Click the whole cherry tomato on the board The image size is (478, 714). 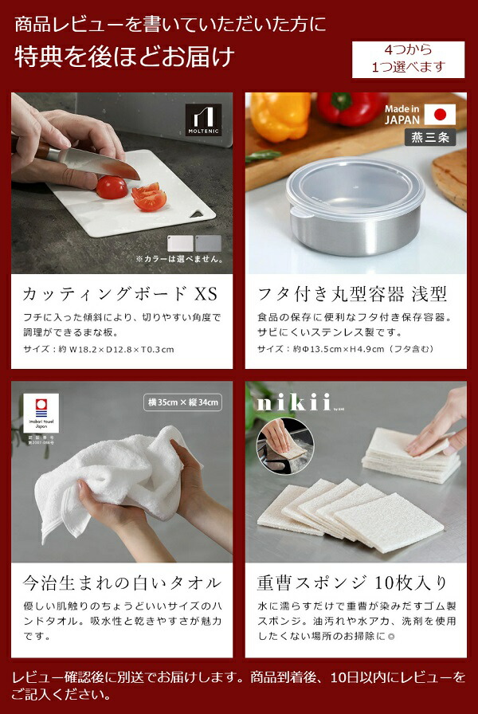[x=112, y=188]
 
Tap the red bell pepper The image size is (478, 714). [x=351, y=108]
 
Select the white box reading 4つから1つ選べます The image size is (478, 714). [x=408, y=59]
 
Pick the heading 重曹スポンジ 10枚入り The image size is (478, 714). [x=351, y=583]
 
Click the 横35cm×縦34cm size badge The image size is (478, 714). [x=183, y=402]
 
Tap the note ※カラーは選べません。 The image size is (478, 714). [x=178, y=259]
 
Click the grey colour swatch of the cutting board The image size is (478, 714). [x=208, y=243]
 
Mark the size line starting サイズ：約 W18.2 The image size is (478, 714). [x=94, y=349]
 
